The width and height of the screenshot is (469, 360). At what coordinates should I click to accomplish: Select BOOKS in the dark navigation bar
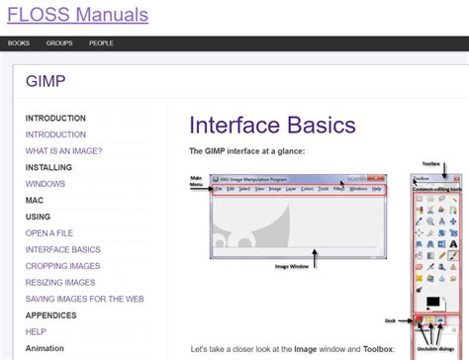18,44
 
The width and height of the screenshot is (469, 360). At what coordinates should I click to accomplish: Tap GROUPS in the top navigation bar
59,44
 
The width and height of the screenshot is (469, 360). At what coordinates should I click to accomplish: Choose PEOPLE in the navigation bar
101,44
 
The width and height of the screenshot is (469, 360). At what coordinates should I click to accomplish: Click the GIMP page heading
47,81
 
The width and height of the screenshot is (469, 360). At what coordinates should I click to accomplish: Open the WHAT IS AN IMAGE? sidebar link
63,151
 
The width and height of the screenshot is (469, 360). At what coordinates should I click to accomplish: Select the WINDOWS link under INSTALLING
46,184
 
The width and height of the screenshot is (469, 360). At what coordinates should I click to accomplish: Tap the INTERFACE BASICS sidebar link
62,250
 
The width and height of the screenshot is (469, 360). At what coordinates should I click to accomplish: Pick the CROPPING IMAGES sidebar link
62,266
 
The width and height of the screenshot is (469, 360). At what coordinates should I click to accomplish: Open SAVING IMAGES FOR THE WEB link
84,299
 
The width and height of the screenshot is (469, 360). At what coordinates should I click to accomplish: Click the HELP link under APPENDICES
36,332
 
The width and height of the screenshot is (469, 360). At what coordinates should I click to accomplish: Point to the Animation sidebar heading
45,348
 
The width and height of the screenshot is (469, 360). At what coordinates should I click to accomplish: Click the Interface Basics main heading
272,126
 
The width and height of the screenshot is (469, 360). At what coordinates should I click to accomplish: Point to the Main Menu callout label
196,181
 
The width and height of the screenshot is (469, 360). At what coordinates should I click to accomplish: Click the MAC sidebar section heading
35,200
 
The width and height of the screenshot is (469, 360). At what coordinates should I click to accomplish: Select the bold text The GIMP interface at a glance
247,151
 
